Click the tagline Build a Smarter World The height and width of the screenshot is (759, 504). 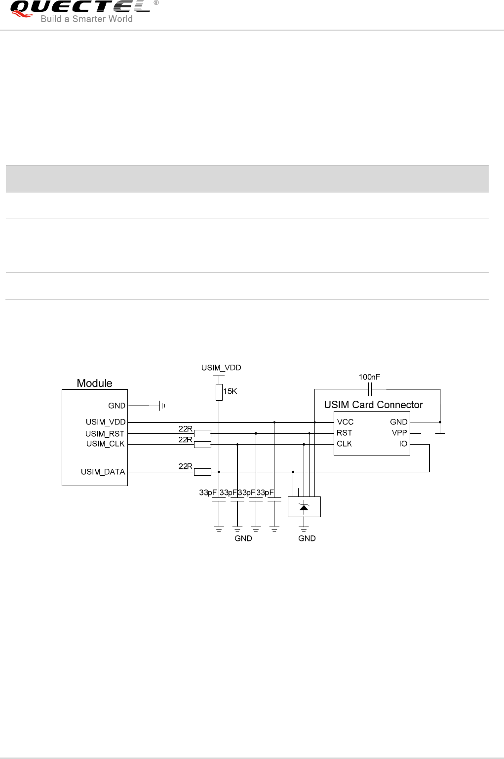click(x=86, y=19)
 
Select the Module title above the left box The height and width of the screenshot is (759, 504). click(x=94, y=383)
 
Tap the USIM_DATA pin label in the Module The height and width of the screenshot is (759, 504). click(x=103, y=472)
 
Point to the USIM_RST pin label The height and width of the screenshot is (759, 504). click(x=105, y=434)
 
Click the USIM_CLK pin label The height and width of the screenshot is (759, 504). click(x=105, y=444)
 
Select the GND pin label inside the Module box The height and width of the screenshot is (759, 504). click(x=117, y=406)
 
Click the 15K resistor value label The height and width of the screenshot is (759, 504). click(x=231, y=391)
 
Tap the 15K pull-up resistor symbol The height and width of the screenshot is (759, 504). click(x=219, y=392)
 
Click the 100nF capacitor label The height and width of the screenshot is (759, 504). click(x=369, y=377)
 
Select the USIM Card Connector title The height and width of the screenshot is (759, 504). click(x=373, y=405)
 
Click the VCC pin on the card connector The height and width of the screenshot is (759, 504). click(x=345, y=422)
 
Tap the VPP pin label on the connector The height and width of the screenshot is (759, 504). click(x=399, y=433)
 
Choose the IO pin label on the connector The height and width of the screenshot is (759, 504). click(x=403, y=444)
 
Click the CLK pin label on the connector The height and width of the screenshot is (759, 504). click(x=344, y=444)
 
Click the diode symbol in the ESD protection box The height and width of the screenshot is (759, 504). click(x=304, y=507)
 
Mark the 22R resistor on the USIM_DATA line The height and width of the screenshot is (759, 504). click(x=202, y=472)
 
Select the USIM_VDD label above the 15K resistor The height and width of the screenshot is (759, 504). click(x=221, y=368)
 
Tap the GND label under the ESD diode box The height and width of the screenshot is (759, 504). click(x=307, y=538)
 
